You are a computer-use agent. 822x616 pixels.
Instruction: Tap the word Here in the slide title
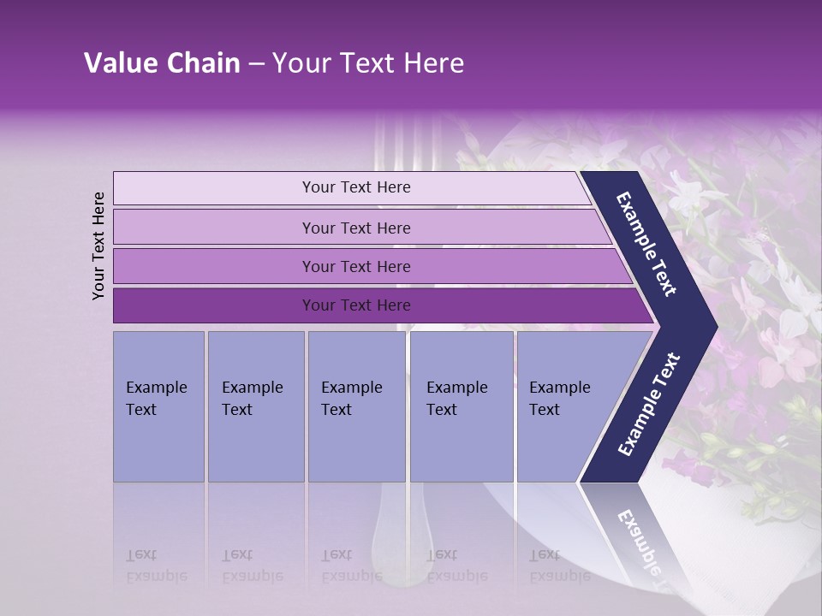pyautogui.click(x=433, y=63)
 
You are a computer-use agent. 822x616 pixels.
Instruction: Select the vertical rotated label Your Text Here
pyautogui.click(x=98, y=246)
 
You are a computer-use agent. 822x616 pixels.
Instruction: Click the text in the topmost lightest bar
pyautogui.click(x=356, y=187)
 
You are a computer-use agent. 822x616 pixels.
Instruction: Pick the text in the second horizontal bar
pyautogui.click(x=356, y=228)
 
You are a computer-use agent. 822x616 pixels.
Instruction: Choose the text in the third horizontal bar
pyautogui.click(x=356, y=266)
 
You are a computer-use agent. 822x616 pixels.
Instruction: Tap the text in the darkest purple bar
pyautogui.click(x=356, y=305)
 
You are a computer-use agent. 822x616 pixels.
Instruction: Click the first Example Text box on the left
pyautogui.click(x=158, y=406)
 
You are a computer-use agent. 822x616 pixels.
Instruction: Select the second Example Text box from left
pyautogui.click(x=254, y=406)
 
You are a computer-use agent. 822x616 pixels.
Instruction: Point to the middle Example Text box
pyautogui.click(x=355, y=406)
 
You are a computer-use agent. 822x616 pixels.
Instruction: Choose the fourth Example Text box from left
pyautogui.click(x=461, y=406)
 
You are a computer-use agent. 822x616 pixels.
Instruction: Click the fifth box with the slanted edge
pyautogui.click(x=565, y=406)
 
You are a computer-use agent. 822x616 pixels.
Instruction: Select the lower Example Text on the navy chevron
pyautogui.click(x=649, y=405)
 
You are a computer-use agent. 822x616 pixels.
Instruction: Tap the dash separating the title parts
pyautogui.click(x=256, y=64)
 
